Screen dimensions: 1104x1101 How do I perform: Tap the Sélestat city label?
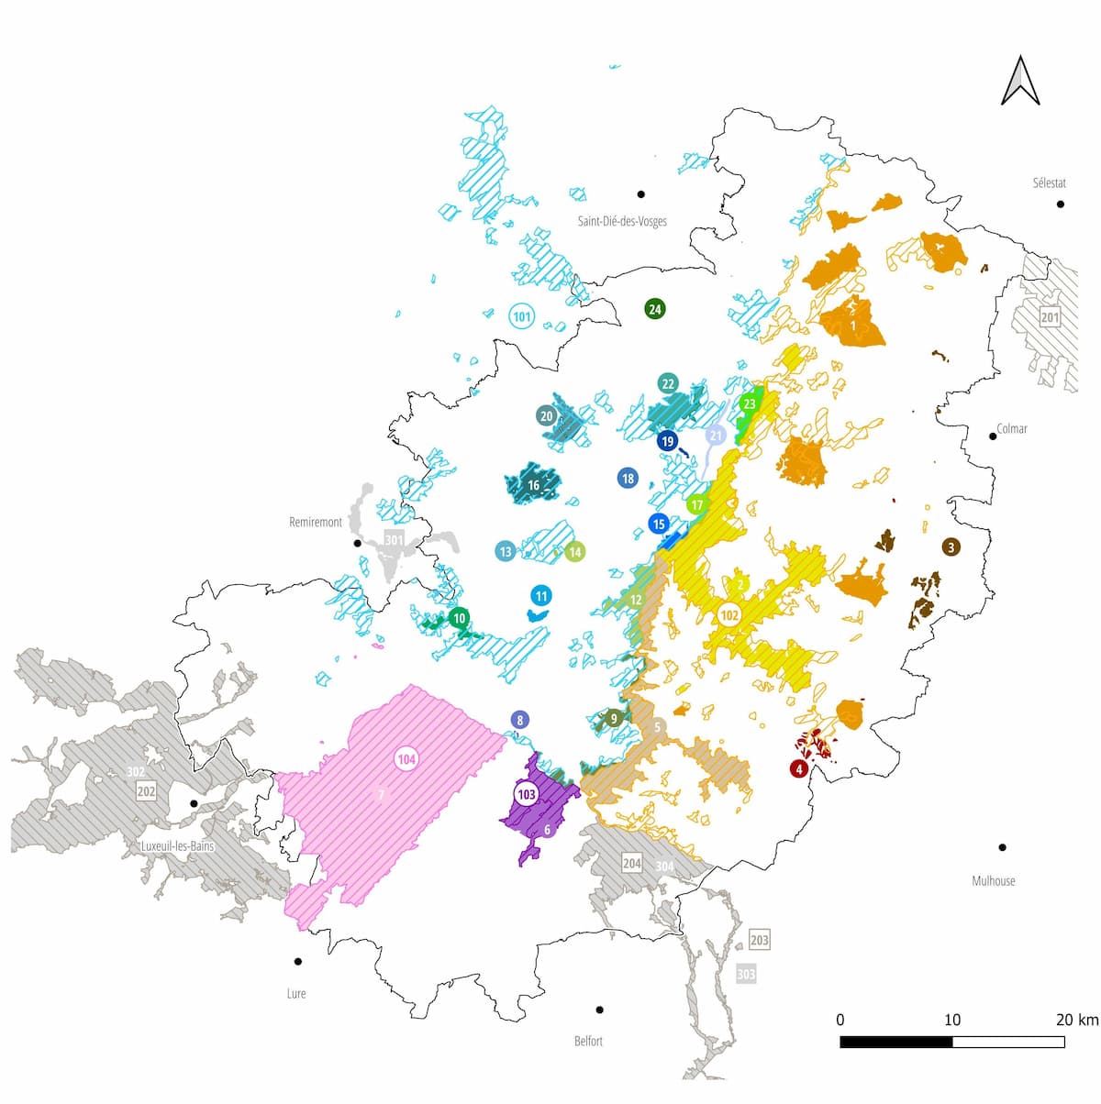coord(1049,183)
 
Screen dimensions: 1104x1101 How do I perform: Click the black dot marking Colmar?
coord(993,436)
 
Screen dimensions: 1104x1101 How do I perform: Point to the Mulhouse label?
coord(993,881)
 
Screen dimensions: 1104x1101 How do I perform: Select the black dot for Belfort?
coord(599,1010)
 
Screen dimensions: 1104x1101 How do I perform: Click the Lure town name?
coord(295,994)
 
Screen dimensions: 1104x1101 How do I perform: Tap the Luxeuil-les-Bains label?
coord(177,846)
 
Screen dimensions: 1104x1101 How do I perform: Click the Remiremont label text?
coord(315,523)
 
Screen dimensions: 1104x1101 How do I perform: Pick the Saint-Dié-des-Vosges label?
coord(621,221)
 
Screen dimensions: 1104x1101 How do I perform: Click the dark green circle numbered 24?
coord(654,309)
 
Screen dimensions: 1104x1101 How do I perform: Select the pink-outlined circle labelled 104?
coord(406,759)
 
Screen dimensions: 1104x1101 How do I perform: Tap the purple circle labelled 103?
coord(526,794)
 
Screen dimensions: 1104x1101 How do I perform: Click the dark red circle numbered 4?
coord(799,768)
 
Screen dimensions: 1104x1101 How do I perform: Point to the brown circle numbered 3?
coord(951,547)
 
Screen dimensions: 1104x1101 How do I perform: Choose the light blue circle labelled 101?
coord(521,317)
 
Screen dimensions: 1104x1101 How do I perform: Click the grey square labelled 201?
coord(1050,318)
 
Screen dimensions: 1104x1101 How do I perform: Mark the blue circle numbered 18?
coord(628,478)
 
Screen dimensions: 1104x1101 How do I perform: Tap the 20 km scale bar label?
coord(1075,1020)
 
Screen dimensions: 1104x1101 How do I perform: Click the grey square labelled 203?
coord(759,940)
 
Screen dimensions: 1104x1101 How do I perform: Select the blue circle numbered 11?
coord(541,596)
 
